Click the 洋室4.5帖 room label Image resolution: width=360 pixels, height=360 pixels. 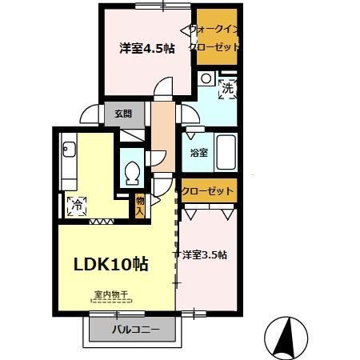(x=146, y=49)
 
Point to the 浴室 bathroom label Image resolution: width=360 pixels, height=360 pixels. (x=199, y=153)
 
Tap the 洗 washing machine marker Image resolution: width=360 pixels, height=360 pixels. (x=228, y=89)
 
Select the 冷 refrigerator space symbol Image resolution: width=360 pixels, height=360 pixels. (x=78, y=204)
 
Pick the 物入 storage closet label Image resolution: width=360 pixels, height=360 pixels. (x=140, y=206)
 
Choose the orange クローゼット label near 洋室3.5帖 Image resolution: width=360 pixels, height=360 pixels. (x=208, y=192)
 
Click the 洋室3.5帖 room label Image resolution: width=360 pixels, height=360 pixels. (x=205, y=255)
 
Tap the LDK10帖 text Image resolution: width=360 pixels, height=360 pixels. (x=111, y=263)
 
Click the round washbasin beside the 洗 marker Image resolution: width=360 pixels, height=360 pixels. (x=206, y=78)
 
